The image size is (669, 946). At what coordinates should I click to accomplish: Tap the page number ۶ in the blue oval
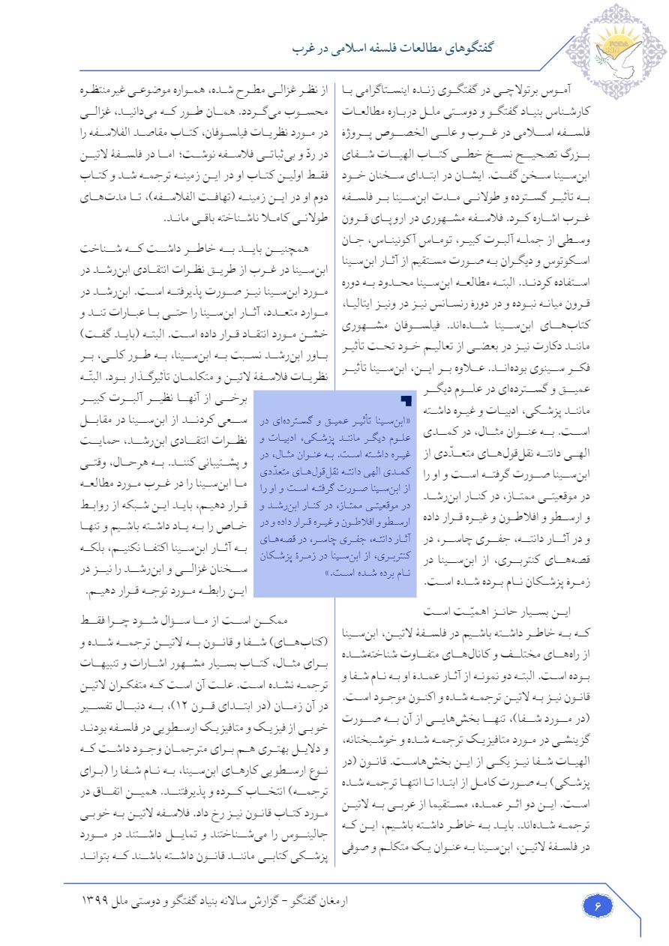(598, 906)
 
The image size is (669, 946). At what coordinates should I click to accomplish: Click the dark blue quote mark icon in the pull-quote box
(406, 401)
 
